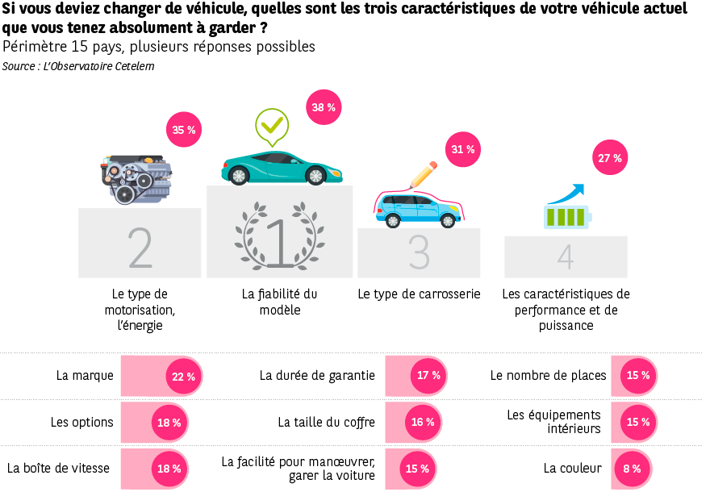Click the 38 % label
[x=324, y=107]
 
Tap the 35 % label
[x=184, y=130]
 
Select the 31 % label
[x=463, y=149]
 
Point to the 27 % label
[x=610, y=158]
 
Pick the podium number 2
[x=140, y=248]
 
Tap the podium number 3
[x=419, y=252]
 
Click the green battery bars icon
[x=566, y=217]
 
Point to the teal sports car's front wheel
[x=315, y=175]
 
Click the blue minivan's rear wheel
[x=393, y=220]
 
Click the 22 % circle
[x=183, y=376]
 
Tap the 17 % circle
[x=428, y=376]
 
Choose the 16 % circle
[x=423, y=423]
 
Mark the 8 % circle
[x=632, y=469]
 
